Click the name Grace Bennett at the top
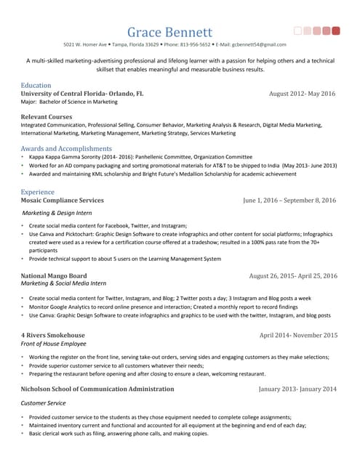tap(169, 32)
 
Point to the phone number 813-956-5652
tap(188, 44)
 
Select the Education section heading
tap(36, 85)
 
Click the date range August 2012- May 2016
tap(302, 94)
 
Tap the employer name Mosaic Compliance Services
tap(62, 200)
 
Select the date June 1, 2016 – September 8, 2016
tap(289, 200)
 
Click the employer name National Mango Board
tap(54, 276)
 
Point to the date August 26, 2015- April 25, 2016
tap(292, 276)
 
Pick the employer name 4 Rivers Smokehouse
tap(52, 335)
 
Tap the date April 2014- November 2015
tap(298, 335)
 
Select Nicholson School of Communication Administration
tap(97, 389)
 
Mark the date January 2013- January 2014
tap(297, 389)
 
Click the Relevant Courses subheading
tap(47, 116)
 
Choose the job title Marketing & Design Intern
tap(57, 214)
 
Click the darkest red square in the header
tap(336, 31)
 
